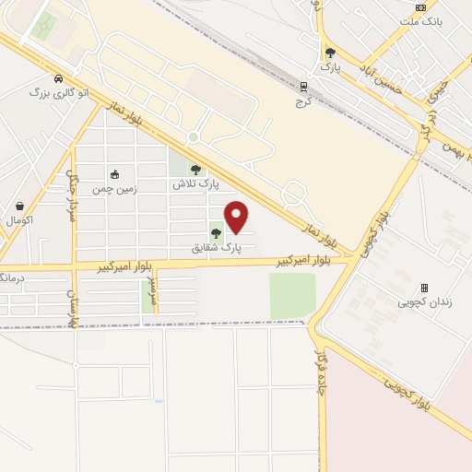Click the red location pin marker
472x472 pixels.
(237, 217)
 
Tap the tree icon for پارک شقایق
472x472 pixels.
(216, 233)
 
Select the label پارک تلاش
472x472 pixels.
(196, 184)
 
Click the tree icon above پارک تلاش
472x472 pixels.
(195, 170)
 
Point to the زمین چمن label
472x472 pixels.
(113, 189)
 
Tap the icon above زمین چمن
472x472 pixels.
(114, 174)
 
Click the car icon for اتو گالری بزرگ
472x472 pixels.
(59, 78)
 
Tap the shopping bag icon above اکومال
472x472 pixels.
(20, 206)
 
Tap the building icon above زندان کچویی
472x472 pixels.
(424, 288)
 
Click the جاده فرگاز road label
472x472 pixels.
(319, 369)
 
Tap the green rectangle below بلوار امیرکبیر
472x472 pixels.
(291, 295)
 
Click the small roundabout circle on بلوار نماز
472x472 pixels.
(194, 137)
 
